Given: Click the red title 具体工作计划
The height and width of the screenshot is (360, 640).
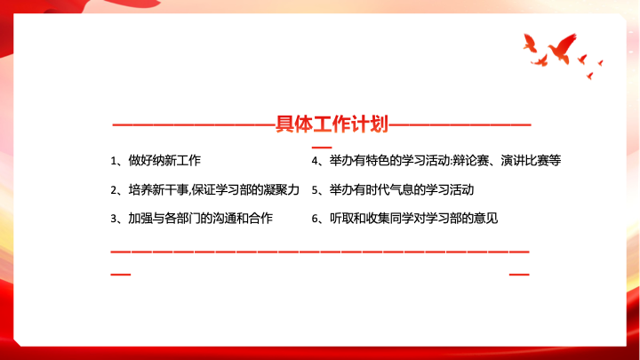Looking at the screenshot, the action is (332, 124).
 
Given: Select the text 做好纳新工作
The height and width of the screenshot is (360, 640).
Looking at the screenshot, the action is (164, 160).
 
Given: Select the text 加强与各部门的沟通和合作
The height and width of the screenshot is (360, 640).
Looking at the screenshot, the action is (200, 219).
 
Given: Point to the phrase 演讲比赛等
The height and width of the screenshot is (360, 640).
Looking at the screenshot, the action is (531, 160).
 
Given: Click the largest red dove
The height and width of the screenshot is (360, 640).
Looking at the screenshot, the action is (563, 49).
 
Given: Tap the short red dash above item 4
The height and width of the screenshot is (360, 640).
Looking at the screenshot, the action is (322, 148).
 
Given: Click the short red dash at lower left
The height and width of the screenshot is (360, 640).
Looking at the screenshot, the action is (120, 275).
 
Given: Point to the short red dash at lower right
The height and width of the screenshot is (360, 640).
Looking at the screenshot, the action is (519, 275).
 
